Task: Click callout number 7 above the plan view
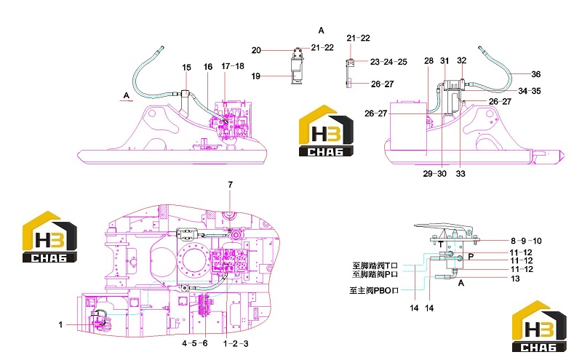click(x=230, y=185)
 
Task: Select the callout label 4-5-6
click(x=194, y=343)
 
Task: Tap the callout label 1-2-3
click(x=236, y=344)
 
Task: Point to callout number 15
click(x=186, y=68)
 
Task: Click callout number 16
click(x=208, y=67)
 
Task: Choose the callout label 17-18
click(x=233, y=66)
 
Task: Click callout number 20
click(x=256, y=50)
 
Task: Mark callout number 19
click(x=256, y=76)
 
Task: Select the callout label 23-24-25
click(x=388, y=62)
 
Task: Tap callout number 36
click(x=535, y=74)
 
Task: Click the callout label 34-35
click(x=530, y=91)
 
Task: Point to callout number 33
click(x=461, y=174)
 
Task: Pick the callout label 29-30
click(x=434, y=174)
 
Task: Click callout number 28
click(x=428, y=61)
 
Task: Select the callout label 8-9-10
click(x=526, y=241)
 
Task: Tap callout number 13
click(x=515, y=279)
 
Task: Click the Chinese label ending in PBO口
click(x=374, y=291)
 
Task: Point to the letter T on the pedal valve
click(x=440, y=244)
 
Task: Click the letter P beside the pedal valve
click(x=471, y=257)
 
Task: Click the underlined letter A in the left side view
click(x=126, y=95)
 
